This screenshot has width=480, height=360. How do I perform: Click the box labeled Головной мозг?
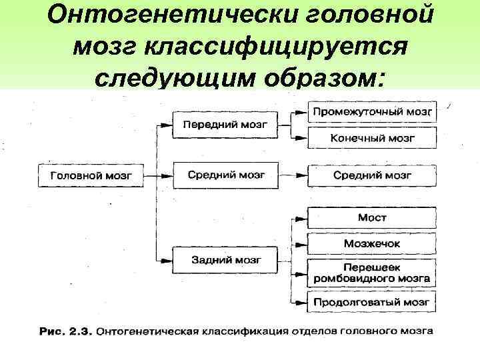(x=91, y=176)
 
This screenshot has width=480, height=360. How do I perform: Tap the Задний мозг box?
(x=226, y=259)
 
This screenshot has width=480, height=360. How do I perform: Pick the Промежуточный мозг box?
(x=373, y=110)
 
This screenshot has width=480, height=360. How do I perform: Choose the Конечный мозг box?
(x=373, y=138)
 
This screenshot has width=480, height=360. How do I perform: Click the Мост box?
(x=373, y=217)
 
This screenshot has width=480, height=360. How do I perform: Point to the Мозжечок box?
(x=373, y=244)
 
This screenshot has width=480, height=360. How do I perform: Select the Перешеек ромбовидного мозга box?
(x=373, y=273)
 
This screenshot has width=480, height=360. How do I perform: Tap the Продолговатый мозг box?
(x=373, y=302)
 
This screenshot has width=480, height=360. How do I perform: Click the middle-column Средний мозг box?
(x=226, y=175)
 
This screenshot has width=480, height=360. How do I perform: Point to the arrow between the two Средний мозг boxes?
(x=293, y=176)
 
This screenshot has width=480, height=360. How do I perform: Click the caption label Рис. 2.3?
(x=64, y=331)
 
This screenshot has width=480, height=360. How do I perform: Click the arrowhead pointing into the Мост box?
(x=303, y=218)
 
